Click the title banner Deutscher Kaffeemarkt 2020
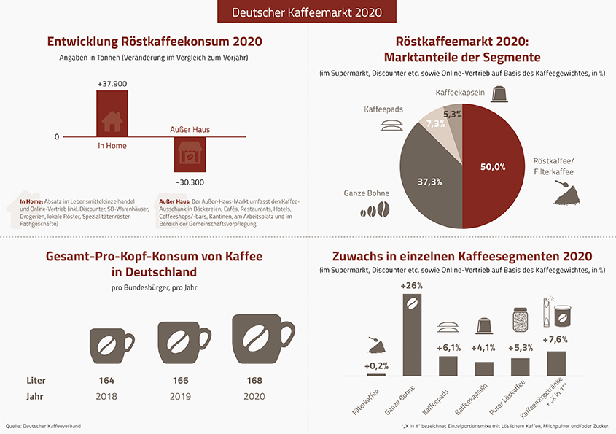click(x=307, y=12)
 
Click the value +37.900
click(x=112, y=84)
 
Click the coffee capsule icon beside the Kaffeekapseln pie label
click(x=501, y=94)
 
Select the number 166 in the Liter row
click(x=180, y=381)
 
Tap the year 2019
click(x=180, y=398)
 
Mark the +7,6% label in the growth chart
click(x=555, y=339)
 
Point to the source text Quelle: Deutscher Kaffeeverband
click(x=43, y=425)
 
